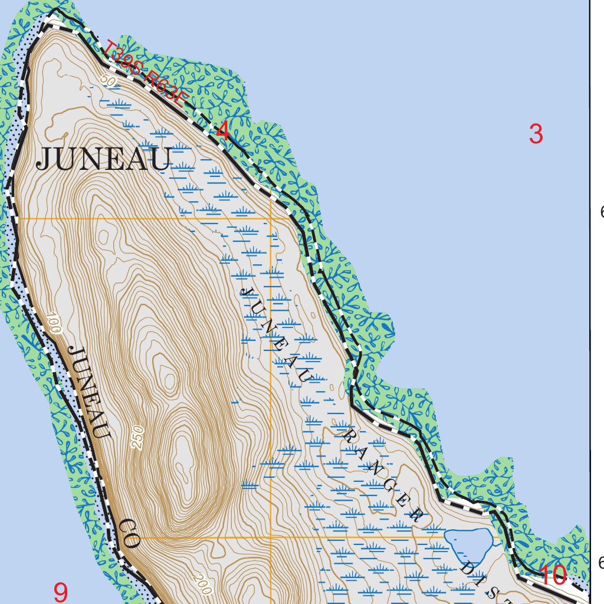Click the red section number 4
tap(223, 132)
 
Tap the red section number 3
tap(536, 135)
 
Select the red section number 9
tap(61, 592)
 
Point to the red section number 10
tap(553, 576)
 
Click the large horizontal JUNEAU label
tap(104, 159)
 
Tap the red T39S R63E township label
tap(144, 73)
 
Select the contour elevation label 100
tap(54, 324)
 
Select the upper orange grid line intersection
tap(271, 219)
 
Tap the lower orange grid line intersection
tap(271, 538)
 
